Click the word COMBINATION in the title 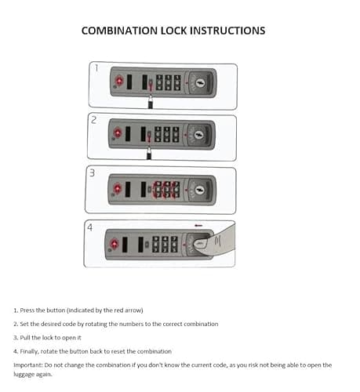[119, 31]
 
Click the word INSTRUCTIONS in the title [227, 31]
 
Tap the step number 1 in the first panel [96, 68]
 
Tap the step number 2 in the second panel [93, 120]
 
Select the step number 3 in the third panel [92, 172]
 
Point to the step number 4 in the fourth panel [89, 227]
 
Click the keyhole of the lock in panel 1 [201, 83]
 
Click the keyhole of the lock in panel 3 [200, 190]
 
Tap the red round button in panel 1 [119, 81]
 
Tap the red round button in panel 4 [115, 243]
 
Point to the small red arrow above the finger [198, 225]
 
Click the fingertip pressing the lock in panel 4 [200, 244]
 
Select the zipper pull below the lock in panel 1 [151, 102]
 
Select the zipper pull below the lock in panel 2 [149, 154]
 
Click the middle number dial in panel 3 [166, 190]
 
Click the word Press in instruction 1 [27, 310]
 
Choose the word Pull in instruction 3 [25, 338]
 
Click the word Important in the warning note [28, 365]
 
